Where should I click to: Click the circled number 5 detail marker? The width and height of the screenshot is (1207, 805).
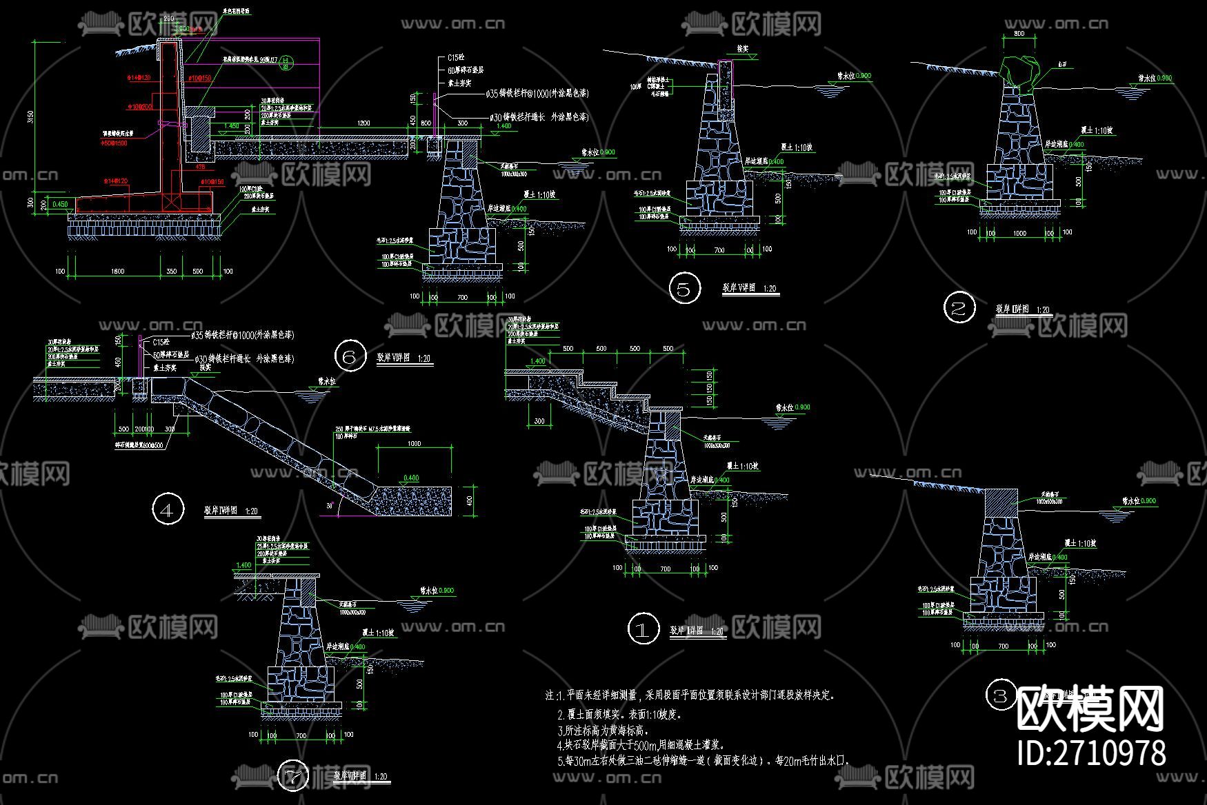[684, 289]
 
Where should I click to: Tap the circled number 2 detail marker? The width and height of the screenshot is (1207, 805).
[959, 308]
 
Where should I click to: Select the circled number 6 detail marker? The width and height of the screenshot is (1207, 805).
[350, 356]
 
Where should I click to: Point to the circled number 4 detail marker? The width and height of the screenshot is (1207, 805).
[168, 510]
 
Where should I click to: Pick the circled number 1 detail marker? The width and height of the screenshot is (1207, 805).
[643, 629]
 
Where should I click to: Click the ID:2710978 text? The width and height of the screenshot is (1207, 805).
[1091, 752]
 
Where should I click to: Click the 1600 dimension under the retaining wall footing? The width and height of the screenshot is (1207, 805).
[117, 272]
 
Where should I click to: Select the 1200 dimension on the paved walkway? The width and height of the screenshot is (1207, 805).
[363, 123]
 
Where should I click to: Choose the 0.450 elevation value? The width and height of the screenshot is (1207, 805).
[60, 204]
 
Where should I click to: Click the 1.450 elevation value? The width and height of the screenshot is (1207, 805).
[232, 126]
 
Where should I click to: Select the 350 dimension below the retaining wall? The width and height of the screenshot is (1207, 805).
[172, 272]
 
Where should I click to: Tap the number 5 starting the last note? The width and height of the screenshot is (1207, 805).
[561, 762]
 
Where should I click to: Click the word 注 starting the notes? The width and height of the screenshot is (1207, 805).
[550, 695]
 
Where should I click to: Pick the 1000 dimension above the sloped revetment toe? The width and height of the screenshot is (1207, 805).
[414, 444]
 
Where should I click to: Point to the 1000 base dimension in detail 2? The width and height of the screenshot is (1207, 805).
[1019, 234]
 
